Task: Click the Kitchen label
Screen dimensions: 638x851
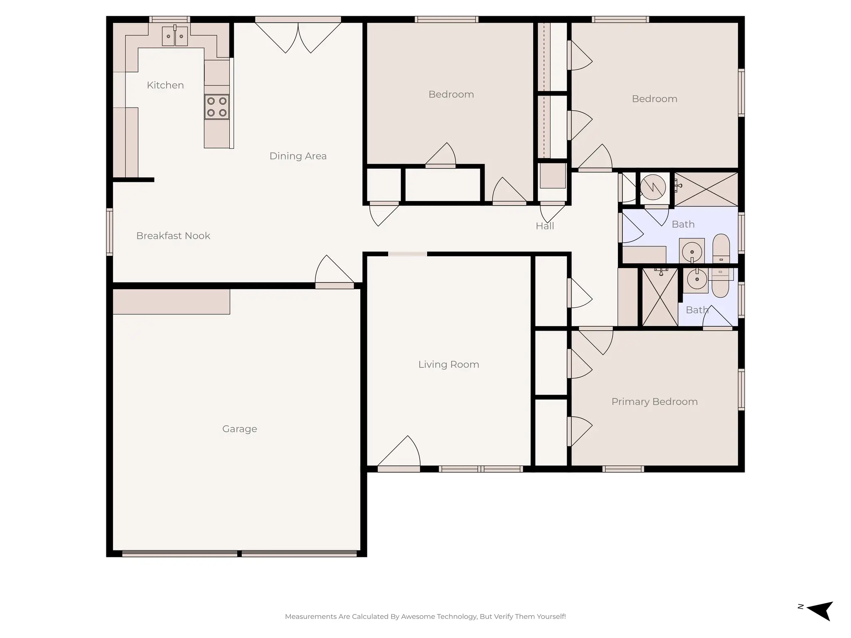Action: (165, 85)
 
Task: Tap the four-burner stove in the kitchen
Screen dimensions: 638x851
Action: (216, 107)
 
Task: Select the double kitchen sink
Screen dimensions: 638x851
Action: (175, 36)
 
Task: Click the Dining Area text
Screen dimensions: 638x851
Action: (298, 156)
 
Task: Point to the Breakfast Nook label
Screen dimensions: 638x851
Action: (173, 236)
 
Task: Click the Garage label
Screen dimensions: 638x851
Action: (239, 429)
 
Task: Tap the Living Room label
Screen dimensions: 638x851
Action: (448, 365)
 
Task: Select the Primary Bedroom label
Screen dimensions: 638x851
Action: (654, 402)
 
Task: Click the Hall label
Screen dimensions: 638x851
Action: (544, 226)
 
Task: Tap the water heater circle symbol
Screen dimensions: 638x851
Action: (653, 187)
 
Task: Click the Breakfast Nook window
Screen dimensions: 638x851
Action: (110, 231)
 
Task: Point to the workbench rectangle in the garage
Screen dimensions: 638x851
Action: (171, 302)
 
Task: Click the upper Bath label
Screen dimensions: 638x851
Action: (683, 224)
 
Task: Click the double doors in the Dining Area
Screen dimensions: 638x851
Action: (298, 37)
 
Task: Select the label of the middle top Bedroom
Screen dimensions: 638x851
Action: (451, 94)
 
